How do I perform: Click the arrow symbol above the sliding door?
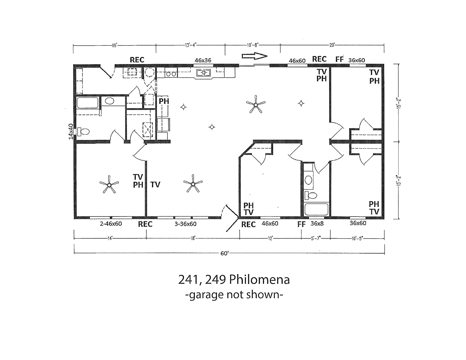[254, 56]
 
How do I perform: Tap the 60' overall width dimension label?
[225, 254]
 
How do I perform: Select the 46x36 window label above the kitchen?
[203, 60]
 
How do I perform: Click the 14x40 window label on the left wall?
[71, 132]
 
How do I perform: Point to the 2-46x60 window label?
[111, 224]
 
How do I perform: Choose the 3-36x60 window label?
[186, 224]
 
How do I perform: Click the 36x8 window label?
[317, 223]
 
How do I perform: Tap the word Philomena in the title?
[260, 280]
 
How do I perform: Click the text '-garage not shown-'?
[234, 295]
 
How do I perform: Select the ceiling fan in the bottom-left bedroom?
[109, 184]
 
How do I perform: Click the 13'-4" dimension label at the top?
[191, 45]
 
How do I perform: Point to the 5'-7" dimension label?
[316, 238]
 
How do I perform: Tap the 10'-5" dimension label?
[357, 238]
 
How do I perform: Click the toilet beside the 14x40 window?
[83, 131]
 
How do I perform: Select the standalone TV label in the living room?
[155, 185]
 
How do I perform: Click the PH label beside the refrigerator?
[164, 101]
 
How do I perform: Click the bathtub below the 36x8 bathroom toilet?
[316, 209]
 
